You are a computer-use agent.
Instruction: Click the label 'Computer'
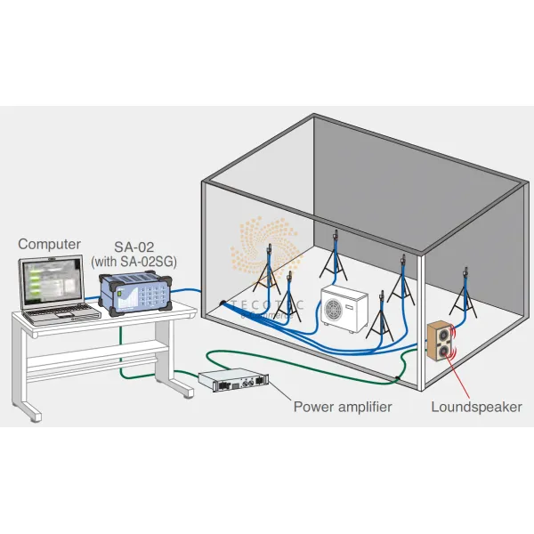click(x=50, y=243)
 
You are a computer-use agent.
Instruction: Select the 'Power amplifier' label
click(x=343, y=407)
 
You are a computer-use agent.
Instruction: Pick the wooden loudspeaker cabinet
click(x=443, y=342)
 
